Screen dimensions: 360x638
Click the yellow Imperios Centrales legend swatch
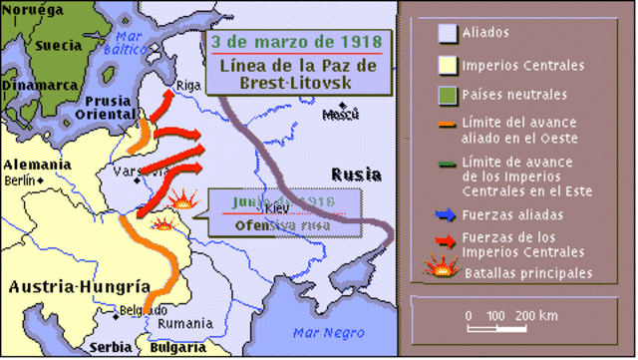(448, 66)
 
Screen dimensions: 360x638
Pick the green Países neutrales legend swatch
(448, 96)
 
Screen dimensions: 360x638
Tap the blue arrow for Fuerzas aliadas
(445, 213)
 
